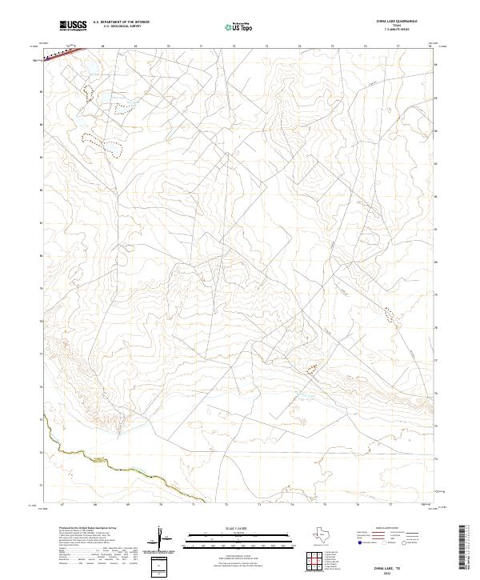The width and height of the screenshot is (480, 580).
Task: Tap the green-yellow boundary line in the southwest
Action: tap(80, 454)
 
